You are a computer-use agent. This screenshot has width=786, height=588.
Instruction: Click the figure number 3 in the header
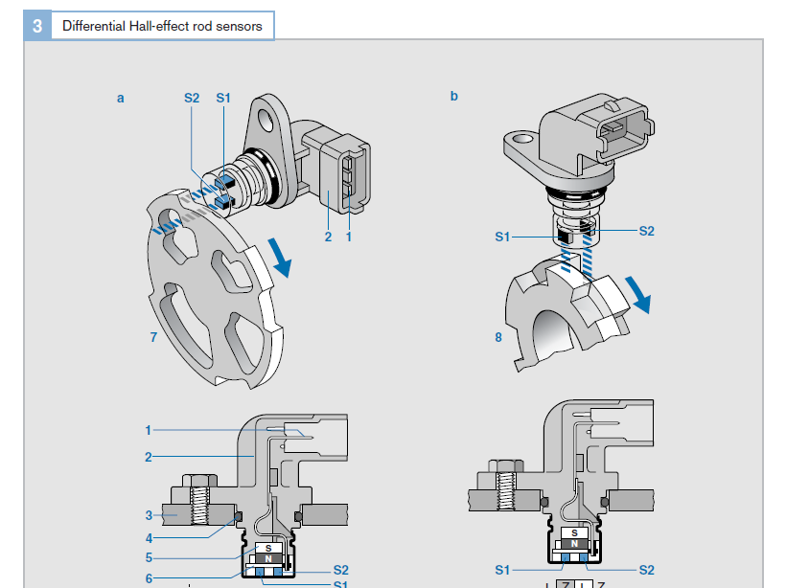[37, 26]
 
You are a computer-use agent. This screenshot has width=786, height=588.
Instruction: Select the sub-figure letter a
[121, 98]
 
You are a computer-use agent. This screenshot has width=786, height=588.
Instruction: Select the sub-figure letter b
[454, 96]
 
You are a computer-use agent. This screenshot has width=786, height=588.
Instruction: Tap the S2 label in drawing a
[192, 98]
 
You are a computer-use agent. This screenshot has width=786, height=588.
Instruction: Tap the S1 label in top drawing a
[223, 98]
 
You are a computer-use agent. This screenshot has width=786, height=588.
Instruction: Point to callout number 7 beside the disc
[153, 336]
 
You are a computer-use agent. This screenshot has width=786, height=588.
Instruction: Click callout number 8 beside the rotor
[498, 337]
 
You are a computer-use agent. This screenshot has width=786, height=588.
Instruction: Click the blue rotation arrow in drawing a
[281, 257]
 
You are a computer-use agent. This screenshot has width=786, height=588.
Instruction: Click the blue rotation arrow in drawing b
[637, 294]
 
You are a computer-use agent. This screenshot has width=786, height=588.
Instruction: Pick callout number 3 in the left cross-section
[149, 515]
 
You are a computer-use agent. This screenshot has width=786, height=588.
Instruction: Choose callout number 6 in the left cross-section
[149, 577]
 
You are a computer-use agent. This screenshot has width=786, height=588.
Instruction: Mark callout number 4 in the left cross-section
[149, 537]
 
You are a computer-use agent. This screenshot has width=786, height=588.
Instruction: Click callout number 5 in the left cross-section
[149, 557]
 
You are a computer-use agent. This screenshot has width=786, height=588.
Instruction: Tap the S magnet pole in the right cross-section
[574, 532]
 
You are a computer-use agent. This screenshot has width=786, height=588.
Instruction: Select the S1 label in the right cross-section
[502, 570]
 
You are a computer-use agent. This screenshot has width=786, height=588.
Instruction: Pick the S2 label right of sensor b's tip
[646, 231]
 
